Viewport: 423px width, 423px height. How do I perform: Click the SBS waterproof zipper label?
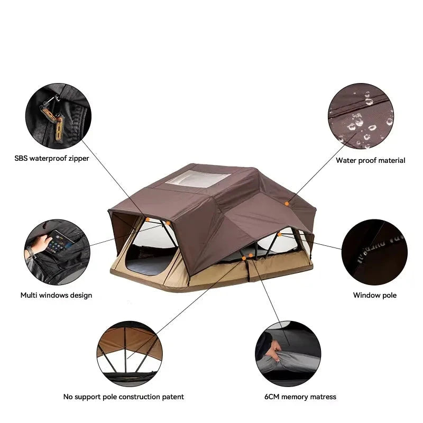[x=52, y=158]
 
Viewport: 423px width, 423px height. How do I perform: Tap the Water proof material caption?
[x=371, y=161]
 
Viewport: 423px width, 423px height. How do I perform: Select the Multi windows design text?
[x=56, y=295]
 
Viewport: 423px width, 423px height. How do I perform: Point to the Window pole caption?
[x=375, y=295]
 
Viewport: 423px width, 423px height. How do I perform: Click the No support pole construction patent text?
[x=124, y=397]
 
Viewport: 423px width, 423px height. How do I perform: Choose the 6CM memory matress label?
[x=300, y=397]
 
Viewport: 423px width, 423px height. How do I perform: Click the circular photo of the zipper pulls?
[x=58, y=116]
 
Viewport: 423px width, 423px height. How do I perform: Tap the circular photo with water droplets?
[x=361, y=116]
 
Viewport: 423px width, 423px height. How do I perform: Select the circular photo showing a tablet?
[x=57, y=252]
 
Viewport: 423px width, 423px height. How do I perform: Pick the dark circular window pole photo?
[x=374, y=252]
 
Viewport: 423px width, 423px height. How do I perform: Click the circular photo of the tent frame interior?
[x=130, y=354]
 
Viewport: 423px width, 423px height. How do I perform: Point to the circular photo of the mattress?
[x=288, y=354]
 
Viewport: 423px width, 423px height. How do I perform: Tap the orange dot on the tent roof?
[x=287, y=204]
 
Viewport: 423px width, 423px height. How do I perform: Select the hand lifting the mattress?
[x=275, y=350]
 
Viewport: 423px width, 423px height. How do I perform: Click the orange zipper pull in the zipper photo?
[x=59, y=128]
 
